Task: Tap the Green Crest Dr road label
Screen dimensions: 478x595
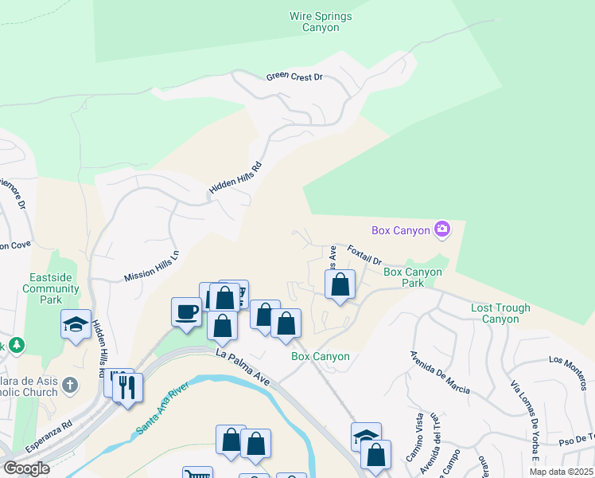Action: coord(294,76)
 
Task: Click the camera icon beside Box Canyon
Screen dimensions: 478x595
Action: coord(442,230)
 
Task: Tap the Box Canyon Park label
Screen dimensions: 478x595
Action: coord(413,277)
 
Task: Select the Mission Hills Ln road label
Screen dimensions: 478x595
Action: coord(152,266)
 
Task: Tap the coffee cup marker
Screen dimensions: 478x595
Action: coord(187,311)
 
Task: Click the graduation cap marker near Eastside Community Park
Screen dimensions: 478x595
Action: coord(76,323)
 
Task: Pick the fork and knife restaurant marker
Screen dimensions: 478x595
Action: coord(127,387)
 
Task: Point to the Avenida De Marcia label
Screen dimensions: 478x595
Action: coord(439,373)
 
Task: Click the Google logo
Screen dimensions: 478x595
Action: coord(26,468)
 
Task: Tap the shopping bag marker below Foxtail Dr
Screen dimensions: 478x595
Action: coord(340,284)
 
